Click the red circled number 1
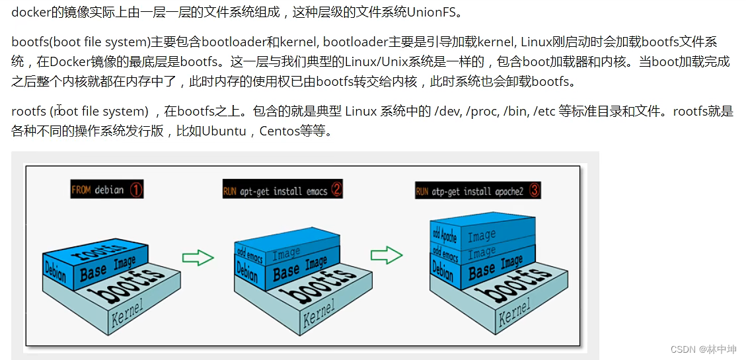135,190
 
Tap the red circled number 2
337,190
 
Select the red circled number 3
535,191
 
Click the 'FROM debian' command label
98,190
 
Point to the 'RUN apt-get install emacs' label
276,191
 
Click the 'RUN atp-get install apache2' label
470,192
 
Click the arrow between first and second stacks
198,257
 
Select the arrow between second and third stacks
387,256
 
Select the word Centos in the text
280,131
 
